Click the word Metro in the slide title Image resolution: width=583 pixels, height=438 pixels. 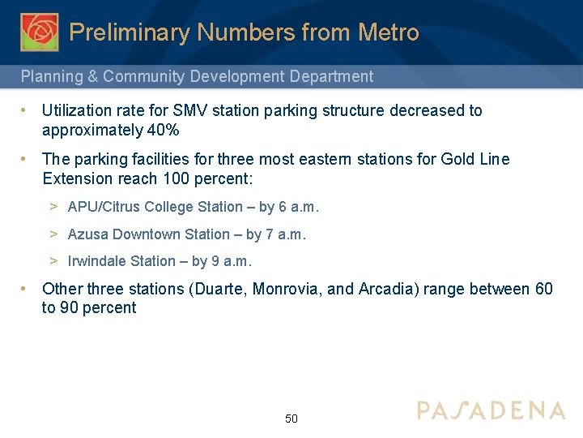(x=389, y=32)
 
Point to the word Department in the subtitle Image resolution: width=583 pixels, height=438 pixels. (x=331, y=77)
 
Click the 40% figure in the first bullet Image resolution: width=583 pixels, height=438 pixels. (x=163, y=131)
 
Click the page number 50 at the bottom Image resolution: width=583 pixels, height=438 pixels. (x=291, y=419)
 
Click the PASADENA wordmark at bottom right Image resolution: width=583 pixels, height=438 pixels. (x=491, y=410)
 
